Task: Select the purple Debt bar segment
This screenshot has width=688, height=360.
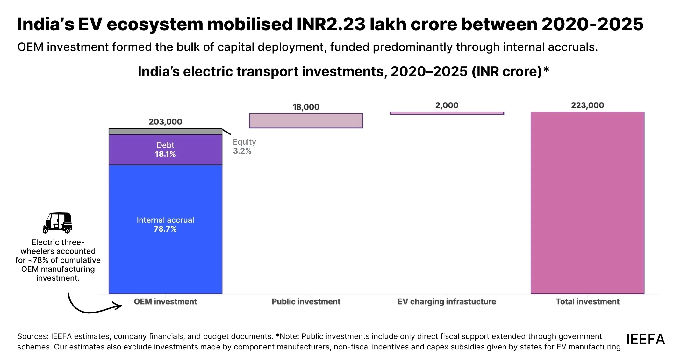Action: pyautogui.click(x=165, y=149)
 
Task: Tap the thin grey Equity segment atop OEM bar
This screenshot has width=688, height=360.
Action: pyautogui.click(x=165, y=131)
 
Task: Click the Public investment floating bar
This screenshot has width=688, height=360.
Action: pyautogui.click(x=306, y=121)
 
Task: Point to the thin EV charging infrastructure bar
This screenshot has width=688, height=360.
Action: pyautogui.click(x=447, y=113)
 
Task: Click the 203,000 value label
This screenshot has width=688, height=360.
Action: pyautogui.click(x=165, y=122)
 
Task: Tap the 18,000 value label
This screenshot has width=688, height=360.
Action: pyautogui.click(x=306, y=107)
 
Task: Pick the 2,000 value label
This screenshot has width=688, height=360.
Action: pyautogui.click(x=447, y=105)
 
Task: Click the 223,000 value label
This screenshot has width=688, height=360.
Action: pyautogui.click(x=587, y=105)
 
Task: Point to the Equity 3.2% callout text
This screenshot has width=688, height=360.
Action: pyautogui.click(x=244, y=147)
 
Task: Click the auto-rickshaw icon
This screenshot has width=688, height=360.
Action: pyautogui.click(x=58, y=223)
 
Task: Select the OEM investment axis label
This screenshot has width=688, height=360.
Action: pyautogui.click(x=165, y=302)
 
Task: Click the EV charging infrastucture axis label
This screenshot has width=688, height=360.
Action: pyautogui.click(x=447, y=302)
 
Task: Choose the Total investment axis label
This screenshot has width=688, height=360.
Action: pyautogui.click(x=587, y=302)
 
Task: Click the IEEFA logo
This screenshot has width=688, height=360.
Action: pyautogui.click(x=645, y=339)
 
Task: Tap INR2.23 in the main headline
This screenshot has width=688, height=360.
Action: pyautogui.click(x=331, y=24)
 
